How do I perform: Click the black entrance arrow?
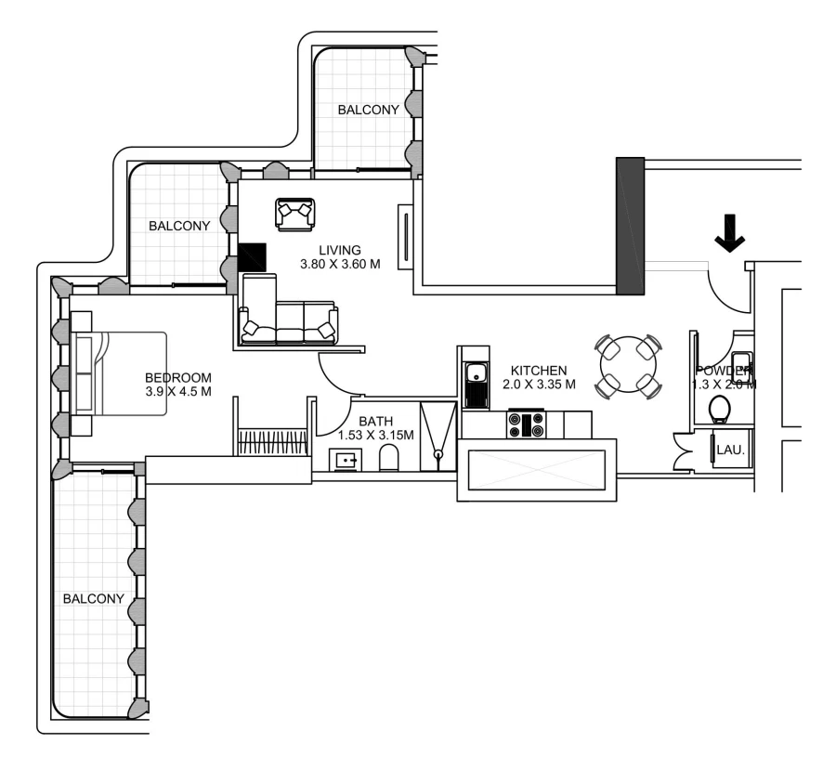point(730,232)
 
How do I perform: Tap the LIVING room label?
point(339,257)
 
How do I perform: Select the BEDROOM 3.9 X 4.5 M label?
point(178,385)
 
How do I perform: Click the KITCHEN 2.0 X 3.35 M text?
point(539,377)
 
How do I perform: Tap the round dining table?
point(629,366)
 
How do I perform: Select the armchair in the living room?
point(295,215)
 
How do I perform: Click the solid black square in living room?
point(253,257)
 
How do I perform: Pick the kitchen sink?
point(477,376)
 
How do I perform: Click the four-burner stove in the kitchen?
point(525,425)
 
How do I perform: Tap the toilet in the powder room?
point(719,408)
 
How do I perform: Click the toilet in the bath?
point(390,457)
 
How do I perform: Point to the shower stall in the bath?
point(438,437)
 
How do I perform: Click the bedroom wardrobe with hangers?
point(273,441)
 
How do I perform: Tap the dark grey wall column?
point(630,226)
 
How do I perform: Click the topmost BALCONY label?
point(369,110)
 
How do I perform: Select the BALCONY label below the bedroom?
point(93,599)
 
